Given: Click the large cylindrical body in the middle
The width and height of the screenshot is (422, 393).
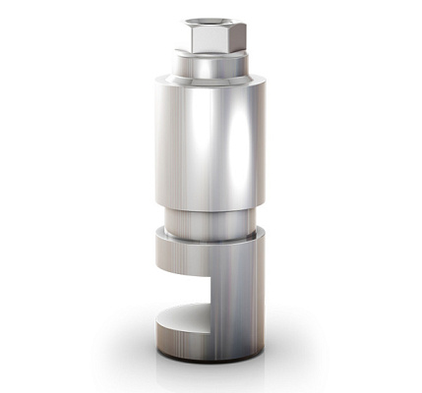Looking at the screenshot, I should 210,142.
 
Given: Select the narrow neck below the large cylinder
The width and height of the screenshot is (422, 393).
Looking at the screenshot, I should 210,224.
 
